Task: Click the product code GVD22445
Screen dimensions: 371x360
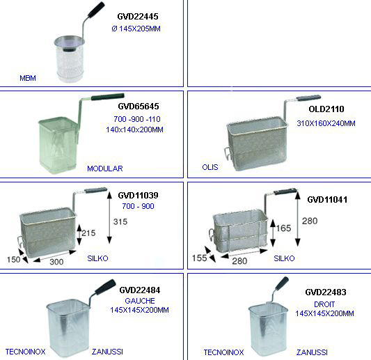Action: coord(138,17)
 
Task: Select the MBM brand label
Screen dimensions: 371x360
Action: coord(28,78)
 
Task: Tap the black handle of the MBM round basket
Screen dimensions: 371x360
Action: coord(96,10)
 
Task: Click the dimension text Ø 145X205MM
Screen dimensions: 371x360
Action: coord(136,29)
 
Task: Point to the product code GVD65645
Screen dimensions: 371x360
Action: coord(139,107)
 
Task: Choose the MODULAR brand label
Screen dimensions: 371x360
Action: coord(105,169)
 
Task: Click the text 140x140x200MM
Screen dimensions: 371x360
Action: coord(134,130)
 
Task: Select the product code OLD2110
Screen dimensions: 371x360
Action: coord(326,109)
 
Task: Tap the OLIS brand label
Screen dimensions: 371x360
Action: coord(210,167)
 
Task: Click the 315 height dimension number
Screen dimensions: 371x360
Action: coord(120,221)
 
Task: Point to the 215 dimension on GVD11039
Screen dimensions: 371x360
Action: coord(88,233)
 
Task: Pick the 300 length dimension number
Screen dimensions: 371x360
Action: coord(56,262)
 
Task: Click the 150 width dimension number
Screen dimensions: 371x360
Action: coord(13,260)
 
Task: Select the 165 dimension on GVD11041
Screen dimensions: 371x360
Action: coord(283,228)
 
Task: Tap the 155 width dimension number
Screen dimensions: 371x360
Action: coord(200,258)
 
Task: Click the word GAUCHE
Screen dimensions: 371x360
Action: coord(140,301)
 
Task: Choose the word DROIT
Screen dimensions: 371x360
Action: coord(324,304)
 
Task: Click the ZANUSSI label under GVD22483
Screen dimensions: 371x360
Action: coord(312,352)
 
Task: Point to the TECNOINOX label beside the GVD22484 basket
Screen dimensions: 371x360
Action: coord(25,352)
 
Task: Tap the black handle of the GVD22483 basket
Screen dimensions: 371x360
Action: coord(281,284)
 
